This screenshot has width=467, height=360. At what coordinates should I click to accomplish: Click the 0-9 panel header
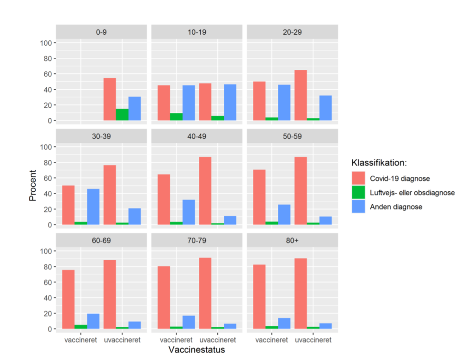(x=101, y=32)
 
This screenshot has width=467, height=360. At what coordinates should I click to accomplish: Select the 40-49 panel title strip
(x=197, y=136)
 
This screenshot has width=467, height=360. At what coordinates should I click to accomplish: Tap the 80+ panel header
(x=292, y=240)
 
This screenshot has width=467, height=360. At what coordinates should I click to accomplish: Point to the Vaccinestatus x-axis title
(x=197, y=350)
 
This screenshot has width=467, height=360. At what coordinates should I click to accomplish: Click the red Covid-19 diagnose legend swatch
(x=358, y=178)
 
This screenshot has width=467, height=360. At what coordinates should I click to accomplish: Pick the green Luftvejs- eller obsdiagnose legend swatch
(x=358, y=192)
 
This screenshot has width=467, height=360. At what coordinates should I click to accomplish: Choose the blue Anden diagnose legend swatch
(x=358, y=207)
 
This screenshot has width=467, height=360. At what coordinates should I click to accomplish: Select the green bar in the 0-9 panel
(x=122, y=115)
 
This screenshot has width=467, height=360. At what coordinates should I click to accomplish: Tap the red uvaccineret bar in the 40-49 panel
(x=205, y=190)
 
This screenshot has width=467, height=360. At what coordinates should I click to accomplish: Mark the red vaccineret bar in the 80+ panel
(x=259, y=296)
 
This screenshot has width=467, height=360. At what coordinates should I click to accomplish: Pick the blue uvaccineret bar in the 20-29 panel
(x=326, y=108)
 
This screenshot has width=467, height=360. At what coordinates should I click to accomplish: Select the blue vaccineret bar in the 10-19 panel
(x=189, y=103)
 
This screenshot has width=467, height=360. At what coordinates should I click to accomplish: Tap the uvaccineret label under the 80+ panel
(x=313, y=340)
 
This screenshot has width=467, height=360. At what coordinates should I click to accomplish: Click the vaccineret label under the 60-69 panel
(x=80, y=340)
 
